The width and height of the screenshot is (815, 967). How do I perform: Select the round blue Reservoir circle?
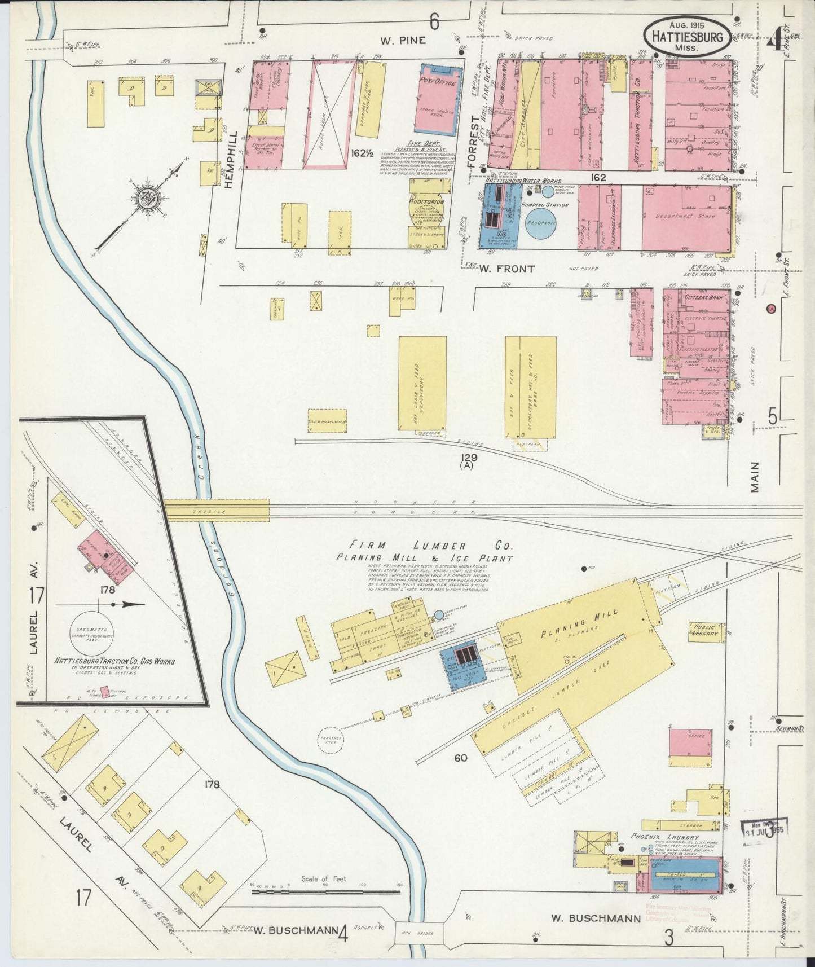(541, 223)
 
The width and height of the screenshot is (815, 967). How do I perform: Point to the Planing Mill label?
(579, 621)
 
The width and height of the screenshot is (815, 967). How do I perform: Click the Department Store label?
(685, 216)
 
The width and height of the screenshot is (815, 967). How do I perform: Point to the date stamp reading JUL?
(764, 831)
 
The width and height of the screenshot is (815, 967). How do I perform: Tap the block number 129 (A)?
(468, 461)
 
